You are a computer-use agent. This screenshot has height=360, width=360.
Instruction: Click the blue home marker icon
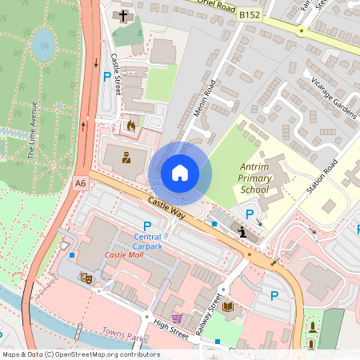(180, 173)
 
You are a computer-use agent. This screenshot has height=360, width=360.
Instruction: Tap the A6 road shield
(80, 183)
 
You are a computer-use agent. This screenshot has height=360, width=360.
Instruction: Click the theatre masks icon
(86, 278)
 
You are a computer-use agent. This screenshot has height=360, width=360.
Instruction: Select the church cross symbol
(124, 15)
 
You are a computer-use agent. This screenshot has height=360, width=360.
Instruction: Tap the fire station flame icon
(131, 126)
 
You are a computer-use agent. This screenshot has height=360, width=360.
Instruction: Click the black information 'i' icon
(242, 232)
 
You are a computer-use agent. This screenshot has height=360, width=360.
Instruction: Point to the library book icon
(228, 306)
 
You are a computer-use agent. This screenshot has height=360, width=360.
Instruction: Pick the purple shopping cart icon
(176, 318)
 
